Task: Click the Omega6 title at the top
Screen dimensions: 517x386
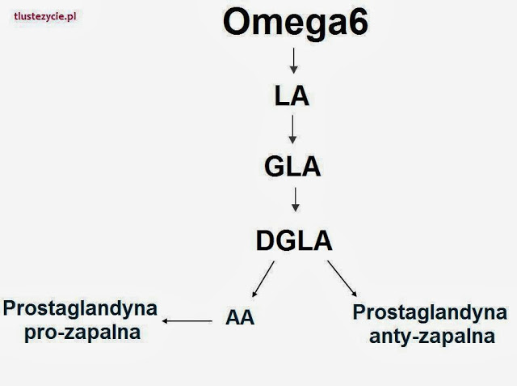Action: [x=296, y=24]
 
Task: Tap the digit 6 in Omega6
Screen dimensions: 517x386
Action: [x=358, y=22]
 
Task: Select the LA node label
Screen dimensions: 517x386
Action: [x=292, y=96]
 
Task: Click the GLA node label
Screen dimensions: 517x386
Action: [x=292, y=167]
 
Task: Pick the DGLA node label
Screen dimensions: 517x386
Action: [x=294, y=240]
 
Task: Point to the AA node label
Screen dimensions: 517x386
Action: [x=240, y=318]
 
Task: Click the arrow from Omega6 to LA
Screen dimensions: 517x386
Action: [x=293, y=61]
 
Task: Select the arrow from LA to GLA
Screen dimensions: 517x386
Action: [x=292, y=129]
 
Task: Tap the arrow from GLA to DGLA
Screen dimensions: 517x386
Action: [x=296, y=199]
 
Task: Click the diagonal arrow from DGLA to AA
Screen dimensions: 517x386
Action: [x=263, y=279]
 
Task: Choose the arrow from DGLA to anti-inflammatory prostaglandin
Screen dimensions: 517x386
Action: [x=342, y=278]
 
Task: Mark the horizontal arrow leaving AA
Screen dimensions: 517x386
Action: [x=187, y=320]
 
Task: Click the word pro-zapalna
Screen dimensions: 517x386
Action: [x=82, y=333]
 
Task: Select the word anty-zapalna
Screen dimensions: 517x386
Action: [x=432, y=337]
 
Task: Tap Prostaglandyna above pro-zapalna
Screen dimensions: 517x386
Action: [x=80, y=309]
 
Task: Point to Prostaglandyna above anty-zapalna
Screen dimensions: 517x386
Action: [x=430, y=312]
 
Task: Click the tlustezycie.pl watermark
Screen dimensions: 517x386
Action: [x=45, y=16]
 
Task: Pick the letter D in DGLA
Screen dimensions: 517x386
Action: [x=265, y=240]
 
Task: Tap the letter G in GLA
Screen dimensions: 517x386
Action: [x=275, y=167]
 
